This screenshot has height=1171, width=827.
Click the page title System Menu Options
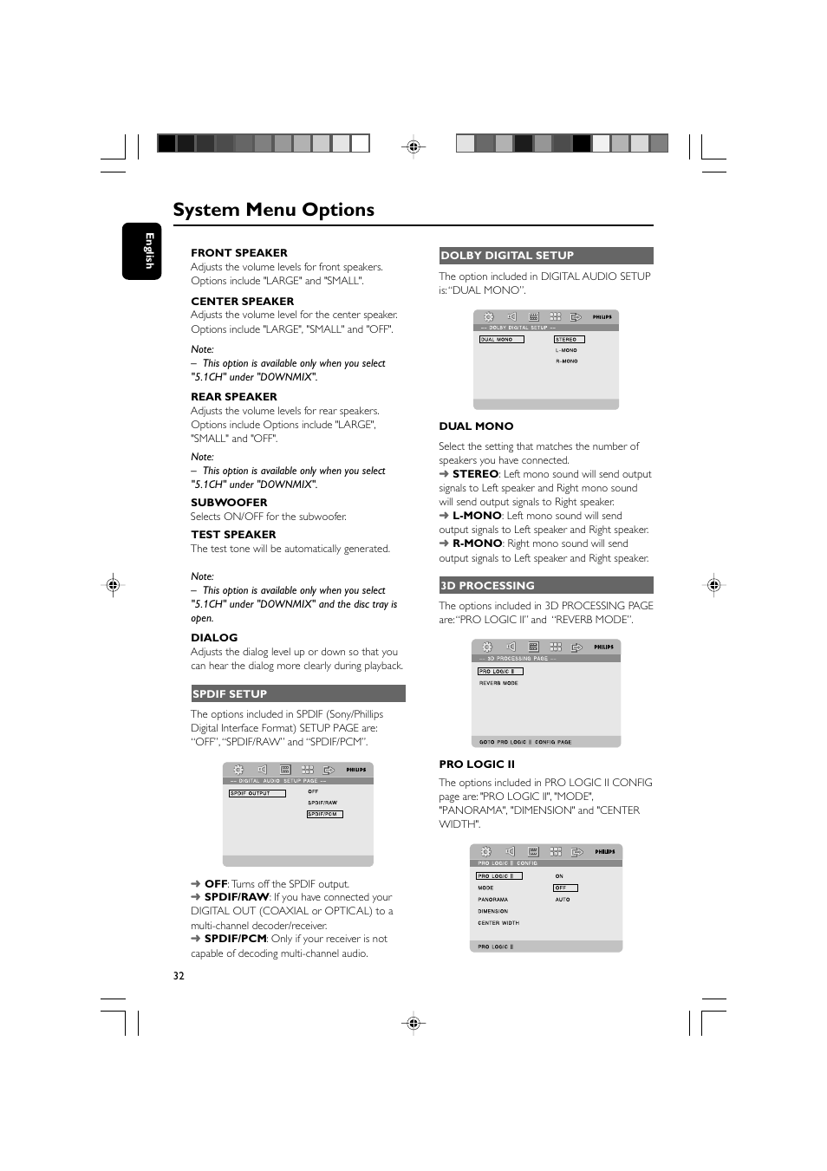(273, 210)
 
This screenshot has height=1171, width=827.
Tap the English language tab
(141, 251)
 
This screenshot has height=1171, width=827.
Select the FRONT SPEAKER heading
(238, 253)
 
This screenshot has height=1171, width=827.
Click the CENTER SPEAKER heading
(242, 302)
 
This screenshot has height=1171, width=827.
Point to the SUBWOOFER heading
(229, 503)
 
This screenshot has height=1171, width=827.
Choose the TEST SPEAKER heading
(233, 535)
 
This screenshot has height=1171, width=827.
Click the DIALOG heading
(214, 638)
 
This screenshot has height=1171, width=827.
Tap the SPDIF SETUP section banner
(297, 693)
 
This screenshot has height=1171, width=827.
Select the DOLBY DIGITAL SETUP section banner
(545, 256)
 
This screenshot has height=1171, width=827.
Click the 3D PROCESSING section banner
(545, 586)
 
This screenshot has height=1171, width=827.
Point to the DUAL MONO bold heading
(476, 426)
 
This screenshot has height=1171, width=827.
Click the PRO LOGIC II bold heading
(477, 764)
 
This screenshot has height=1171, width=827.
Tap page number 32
(179, 976)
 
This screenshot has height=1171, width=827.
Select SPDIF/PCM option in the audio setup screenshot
(324, 814)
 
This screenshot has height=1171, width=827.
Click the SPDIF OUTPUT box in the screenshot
(257, 793)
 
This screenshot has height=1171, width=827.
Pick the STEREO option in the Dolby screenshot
(569, 340)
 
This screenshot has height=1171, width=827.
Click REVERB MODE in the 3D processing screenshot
(498, 683)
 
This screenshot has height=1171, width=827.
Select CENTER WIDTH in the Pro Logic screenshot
(498, 923)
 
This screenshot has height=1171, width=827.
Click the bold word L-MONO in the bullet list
(476, 516)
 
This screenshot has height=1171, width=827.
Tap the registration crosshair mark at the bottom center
(413, 1023)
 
